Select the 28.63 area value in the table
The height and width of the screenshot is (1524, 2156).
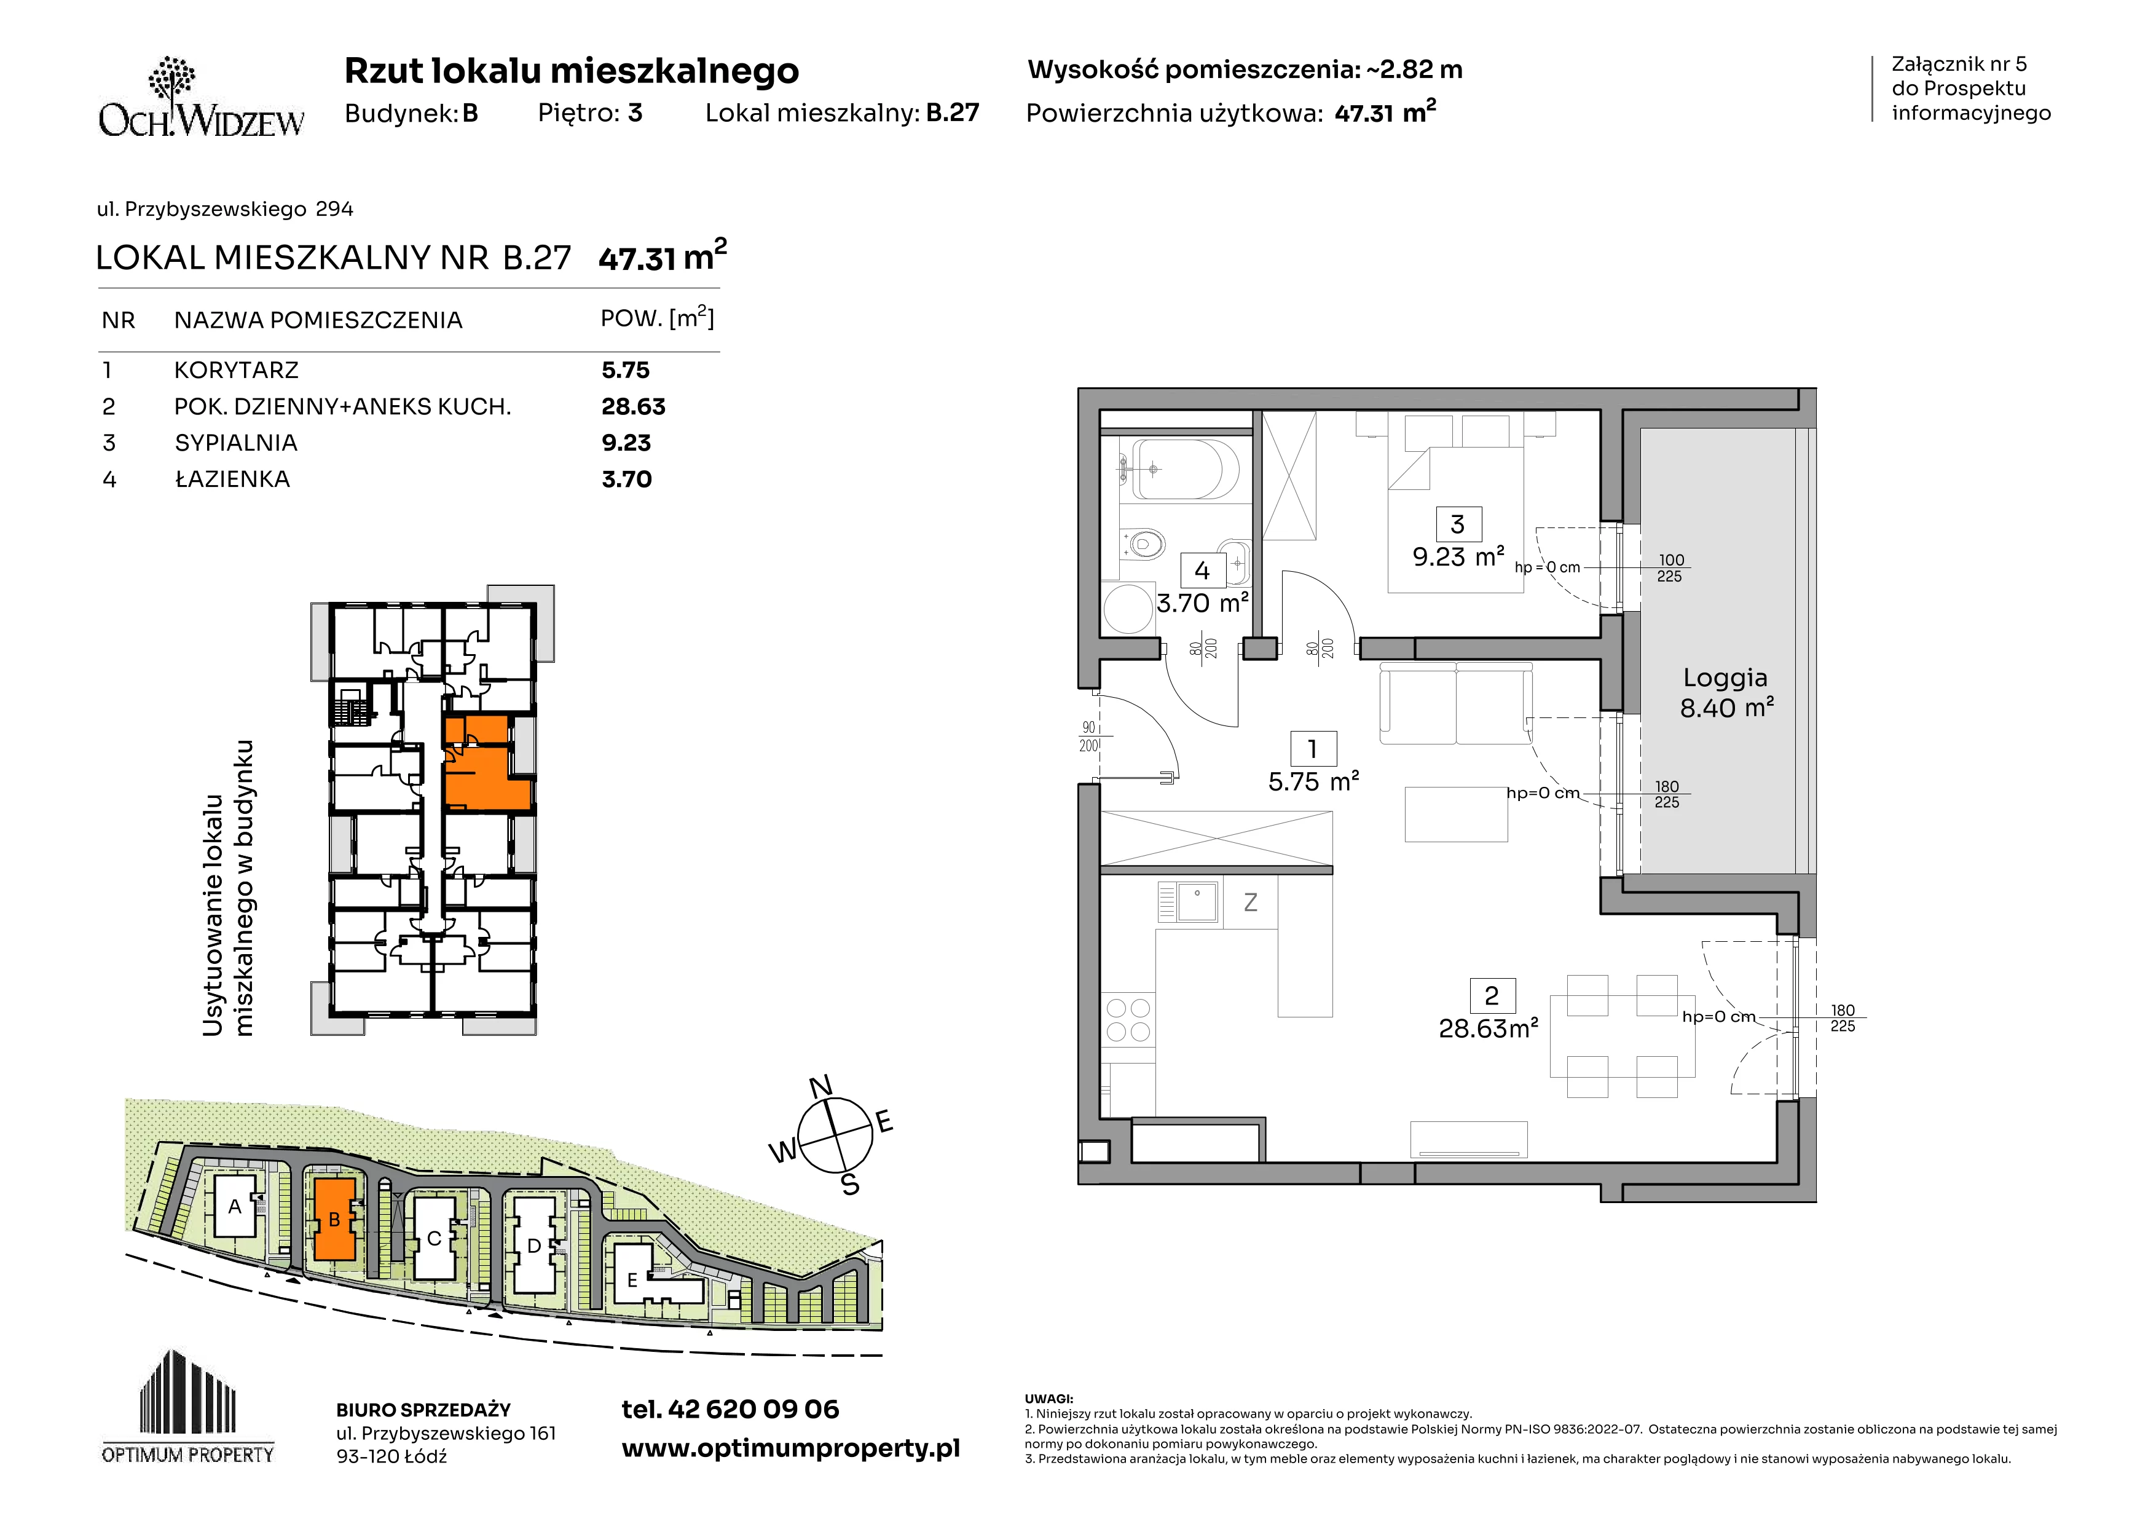pyautogui.click(x=633, y=406)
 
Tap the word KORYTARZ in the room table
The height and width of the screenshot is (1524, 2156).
pyautogui.click(x=237, y=370)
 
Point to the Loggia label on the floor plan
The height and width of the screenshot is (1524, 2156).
pyautogui.click(x=1725, y=677)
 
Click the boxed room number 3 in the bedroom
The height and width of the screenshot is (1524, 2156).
pyautogui.click(x=1457, y=524)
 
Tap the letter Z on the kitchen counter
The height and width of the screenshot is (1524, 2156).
pyautogui.click(x=1250, y=902)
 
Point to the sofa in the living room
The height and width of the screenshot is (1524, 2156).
pyautogui.click(x=1455, y=703)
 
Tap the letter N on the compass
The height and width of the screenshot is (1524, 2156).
pyautogui.click(x=820, y=1086)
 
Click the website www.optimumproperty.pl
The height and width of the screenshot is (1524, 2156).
pyautogui.click(x=790, y=1449)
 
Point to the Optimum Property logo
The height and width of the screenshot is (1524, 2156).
pyautogui.click(x=188, y=1406)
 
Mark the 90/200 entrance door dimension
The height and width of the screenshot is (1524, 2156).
pyautogui.click(x=1088, y=736)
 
